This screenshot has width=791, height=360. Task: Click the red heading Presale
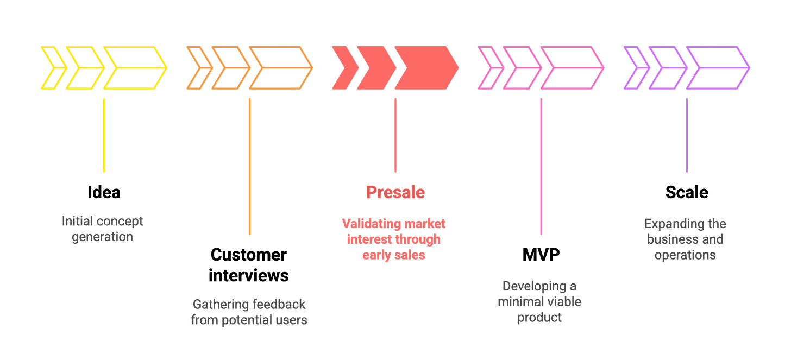click(x=395, y=192)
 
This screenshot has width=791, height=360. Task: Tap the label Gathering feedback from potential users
click(x=249, y=312)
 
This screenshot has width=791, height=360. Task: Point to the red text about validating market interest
click(x=394, y=239)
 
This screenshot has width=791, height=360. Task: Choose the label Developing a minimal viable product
click(x=539, y=302)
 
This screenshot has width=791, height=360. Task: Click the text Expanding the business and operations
click(x=685, y=239)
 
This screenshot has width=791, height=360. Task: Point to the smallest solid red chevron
click(x=341, y=67)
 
